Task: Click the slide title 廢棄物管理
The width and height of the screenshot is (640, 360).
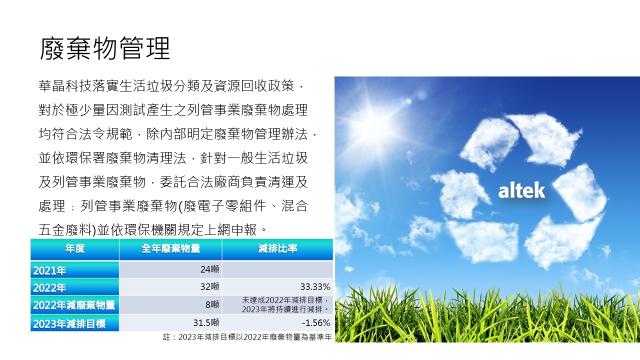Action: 105,48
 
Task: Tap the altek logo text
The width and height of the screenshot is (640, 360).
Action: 521,190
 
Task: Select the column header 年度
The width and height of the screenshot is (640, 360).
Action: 75,248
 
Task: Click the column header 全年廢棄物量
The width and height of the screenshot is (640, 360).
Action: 170,248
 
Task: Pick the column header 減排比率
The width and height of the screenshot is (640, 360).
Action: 277,248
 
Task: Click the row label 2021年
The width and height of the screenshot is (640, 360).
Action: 49,270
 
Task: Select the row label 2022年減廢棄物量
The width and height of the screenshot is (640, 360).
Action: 74,305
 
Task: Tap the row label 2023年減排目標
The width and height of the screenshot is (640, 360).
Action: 69,323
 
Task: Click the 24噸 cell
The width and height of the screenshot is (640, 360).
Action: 209,269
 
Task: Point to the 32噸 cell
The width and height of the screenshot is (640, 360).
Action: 209,286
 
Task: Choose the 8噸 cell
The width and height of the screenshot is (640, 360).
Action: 212,304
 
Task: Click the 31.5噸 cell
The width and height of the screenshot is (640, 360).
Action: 206,322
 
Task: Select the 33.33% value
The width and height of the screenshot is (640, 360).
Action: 315,286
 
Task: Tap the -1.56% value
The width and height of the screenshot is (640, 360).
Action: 316,323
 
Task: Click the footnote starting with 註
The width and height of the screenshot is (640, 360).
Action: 247,337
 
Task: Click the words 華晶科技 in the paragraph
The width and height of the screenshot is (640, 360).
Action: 65,85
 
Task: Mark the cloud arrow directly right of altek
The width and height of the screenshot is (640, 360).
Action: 580,193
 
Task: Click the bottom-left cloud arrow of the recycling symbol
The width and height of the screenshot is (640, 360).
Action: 483,241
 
